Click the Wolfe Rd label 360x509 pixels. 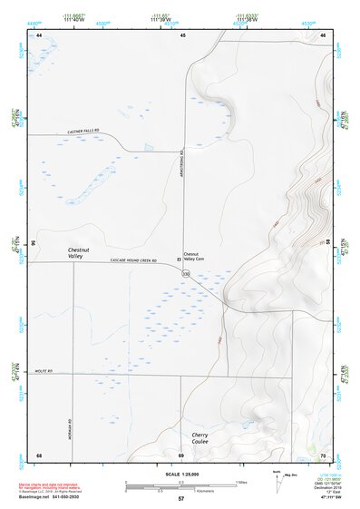click(x=45, y=372)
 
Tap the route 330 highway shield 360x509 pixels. click(x=186, y=273)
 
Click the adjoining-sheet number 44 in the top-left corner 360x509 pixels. click(x=40, y=34)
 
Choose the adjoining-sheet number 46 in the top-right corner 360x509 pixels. click(x=323, y=34)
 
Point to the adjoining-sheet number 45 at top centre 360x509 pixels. click(x=182, y=34)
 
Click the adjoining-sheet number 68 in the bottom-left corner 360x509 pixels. click(x=39, y=455)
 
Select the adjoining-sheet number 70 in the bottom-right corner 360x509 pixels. click(x=323, y=455)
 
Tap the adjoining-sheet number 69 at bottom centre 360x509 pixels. click(x=181, y=455)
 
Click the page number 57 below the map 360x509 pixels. click(x=181, y=499)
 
